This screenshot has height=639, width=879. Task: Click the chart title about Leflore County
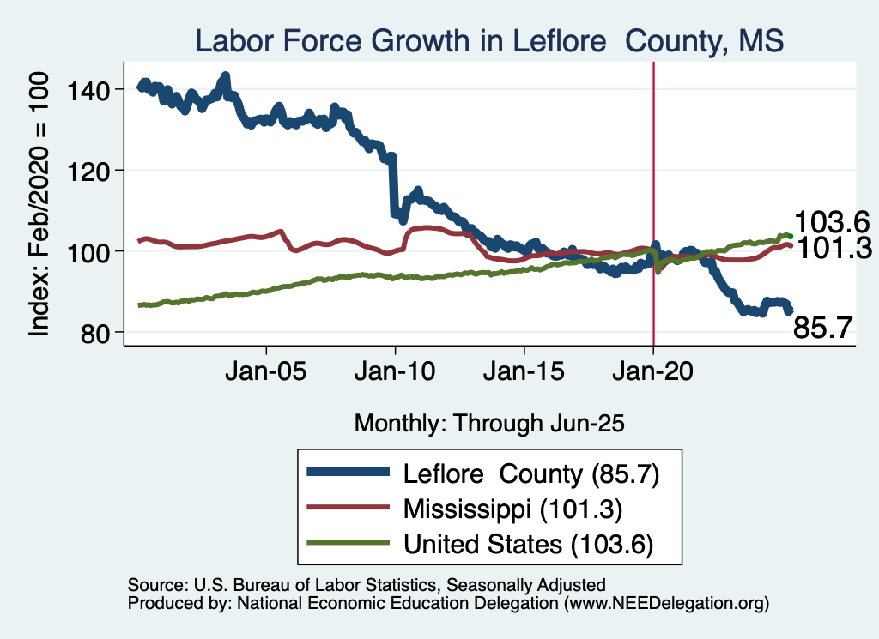coord(489,41)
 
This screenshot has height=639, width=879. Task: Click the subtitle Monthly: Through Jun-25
coord(488,423)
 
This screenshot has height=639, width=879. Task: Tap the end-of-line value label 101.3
coord(830,250)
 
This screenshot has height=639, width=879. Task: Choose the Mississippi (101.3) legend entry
coord(512,509)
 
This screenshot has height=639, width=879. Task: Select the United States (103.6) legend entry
coord(528,543)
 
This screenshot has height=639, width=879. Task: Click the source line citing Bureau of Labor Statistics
coord(367,585)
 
